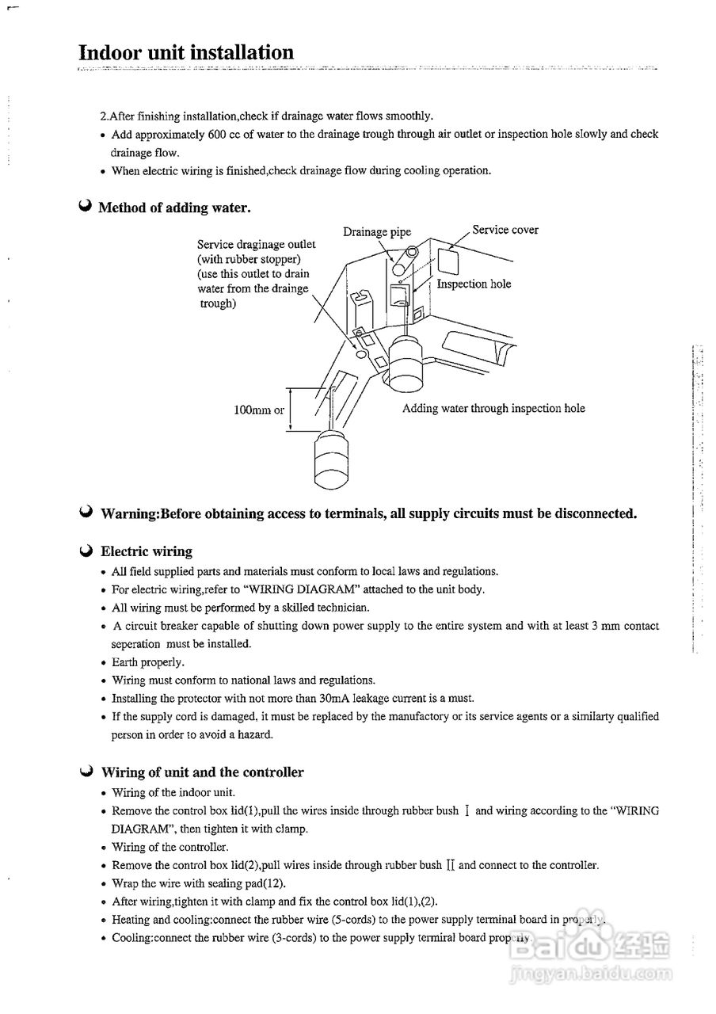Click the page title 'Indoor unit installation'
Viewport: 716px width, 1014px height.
(186, 53)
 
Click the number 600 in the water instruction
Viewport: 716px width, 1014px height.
(218, 135)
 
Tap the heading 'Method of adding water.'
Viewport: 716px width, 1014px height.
(174, 208)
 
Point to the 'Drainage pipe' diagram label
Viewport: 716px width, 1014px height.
(377, 232)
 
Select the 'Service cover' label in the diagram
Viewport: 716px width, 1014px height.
(505, 231)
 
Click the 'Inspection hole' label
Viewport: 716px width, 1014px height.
(474, 284)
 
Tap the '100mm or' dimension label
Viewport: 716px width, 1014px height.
(259, 410)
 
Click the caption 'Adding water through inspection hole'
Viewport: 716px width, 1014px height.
(493, 409)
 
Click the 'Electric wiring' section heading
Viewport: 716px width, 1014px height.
(147, 551)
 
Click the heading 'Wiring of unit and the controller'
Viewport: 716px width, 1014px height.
(202, 772)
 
